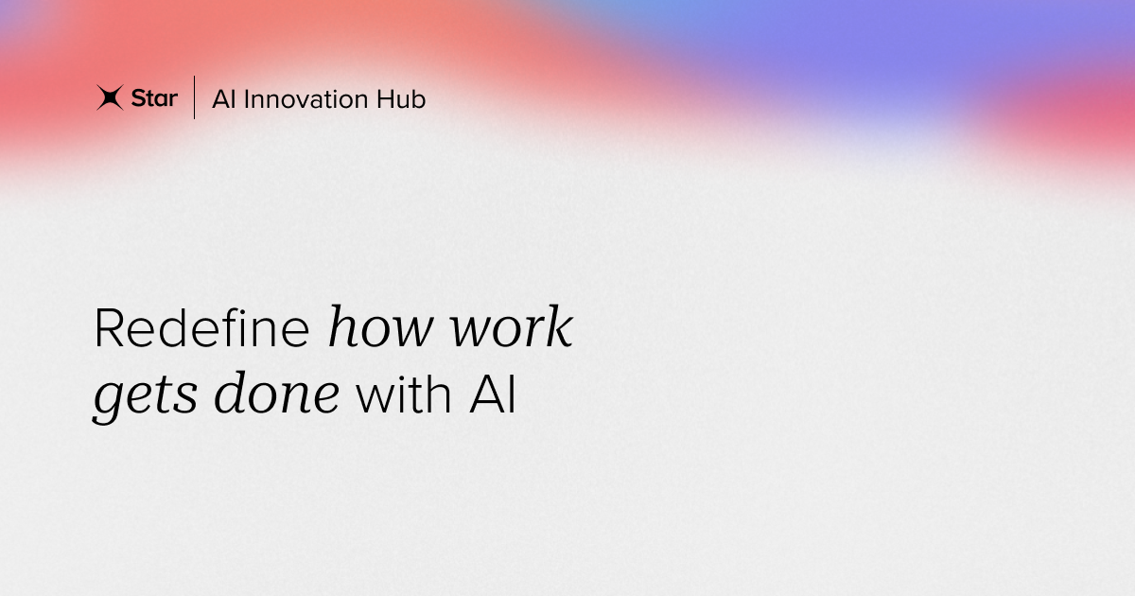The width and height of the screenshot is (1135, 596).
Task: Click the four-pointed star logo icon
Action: (110, 97)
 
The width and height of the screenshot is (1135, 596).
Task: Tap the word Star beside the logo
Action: (154, 98)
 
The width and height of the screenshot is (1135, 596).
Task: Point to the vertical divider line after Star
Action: (195, 97)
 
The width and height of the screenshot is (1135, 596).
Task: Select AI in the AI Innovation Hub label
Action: (223, 99)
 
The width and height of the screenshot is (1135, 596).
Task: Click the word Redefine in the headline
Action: (201, 330)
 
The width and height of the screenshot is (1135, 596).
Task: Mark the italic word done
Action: (276, 395)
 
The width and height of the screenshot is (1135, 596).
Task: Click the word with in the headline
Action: (405, 395)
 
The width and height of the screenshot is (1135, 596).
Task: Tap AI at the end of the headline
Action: (493, 395)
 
